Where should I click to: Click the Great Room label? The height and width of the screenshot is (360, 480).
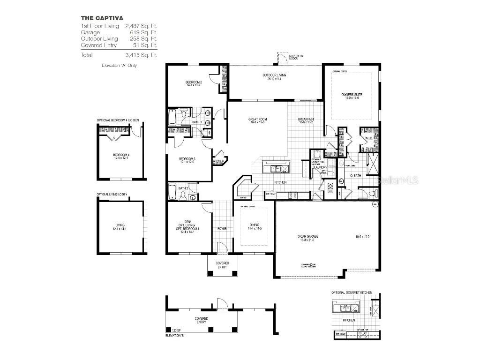pyautogui.click(x=257, y=120)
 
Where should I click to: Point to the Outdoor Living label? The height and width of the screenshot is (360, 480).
pyautogui.click(x=274, y=75)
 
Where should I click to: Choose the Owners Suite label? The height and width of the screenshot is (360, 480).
pyautogui.click(x=352, y=95)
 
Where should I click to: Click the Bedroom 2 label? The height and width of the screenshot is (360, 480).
pyautogui.click(x=193, y=83)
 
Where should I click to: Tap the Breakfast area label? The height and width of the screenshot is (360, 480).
pyautogui.click(x=306, y=120)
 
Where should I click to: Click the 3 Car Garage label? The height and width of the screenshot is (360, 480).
pyautogui.click(x=307, y=237)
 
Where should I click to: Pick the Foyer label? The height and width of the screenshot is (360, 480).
pyautogui.click(x=222, y=229)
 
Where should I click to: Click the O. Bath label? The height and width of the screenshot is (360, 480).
pyautogui.click(x=355, y=176)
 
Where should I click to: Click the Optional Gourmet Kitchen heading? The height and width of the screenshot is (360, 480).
pyautogui.click(x=352, y=292)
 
